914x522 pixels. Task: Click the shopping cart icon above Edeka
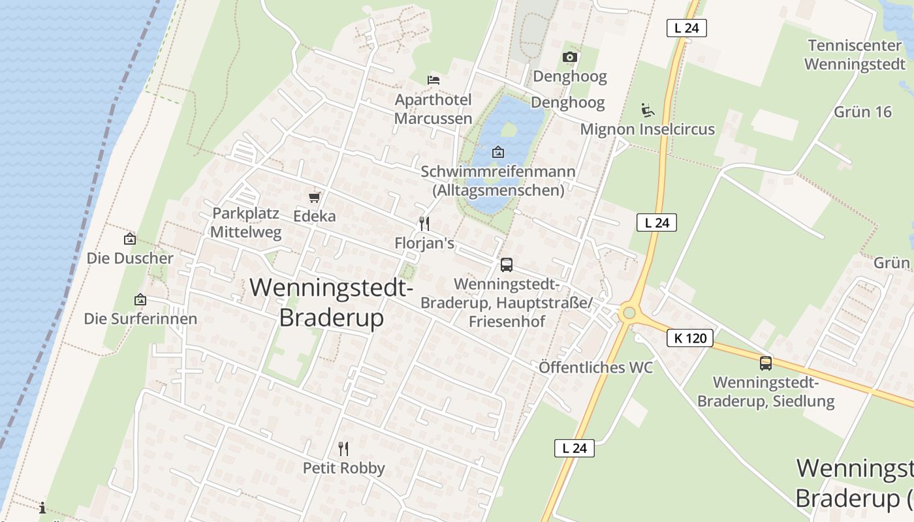[x=315, y=197]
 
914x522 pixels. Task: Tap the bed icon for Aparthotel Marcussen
[x=433, y=80]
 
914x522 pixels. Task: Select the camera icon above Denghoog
[x=570, y=57]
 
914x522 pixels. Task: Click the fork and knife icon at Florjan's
[x=424, y=224]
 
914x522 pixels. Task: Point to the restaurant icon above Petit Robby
[x=343, y=448]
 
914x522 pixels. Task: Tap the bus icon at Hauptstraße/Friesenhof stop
[x=507, y=265]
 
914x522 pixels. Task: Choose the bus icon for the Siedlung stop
[x=766, y=363]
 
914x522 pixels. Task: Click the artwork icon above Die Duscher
[x=130, y=239]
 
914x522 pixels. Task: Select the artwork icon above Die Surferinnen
[x=140, y=300]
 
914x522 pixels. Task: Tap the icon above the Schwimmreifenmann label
[x=498, y=152]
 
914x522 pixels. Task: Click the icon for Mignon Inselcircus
[x=648, y=110]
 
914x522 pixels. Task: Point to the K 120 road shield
[x=690, y=338]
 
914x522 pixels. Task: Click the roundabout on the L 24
[x=629, y=313]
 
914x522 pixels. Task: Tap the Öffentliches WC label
[x=595, y=367]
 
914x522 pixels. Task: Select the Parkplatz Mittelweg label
[x=246, y=223]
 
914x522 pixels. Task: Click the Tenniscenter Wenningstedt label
[x=855, y=55]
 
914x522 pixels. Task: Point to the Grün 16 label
[x=862, y=112]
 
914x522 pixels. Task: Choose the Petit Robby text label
[x=343, y=468]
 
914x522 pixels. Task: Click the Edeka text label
[x=315, y=216]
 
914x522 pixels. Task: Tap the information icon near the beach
[x=42, y=508]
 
